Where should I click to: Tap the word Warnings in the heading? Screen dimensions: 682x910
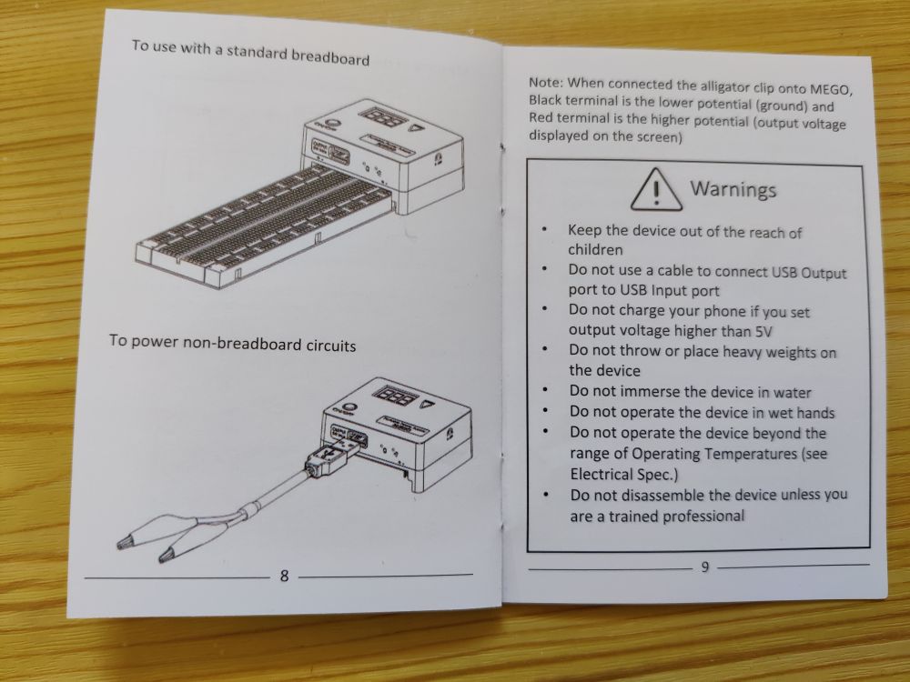[x=733, y=189]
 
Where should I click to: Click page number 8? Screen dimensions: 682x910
[x=284, y=576]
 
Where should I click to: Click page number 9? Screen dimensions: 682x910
[x=704, y=568]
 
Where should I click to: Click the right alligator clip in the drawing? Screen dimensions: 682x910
[x=171, y=550]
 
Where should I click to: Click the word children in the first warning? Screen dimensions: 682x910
[x=595, y=249]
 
